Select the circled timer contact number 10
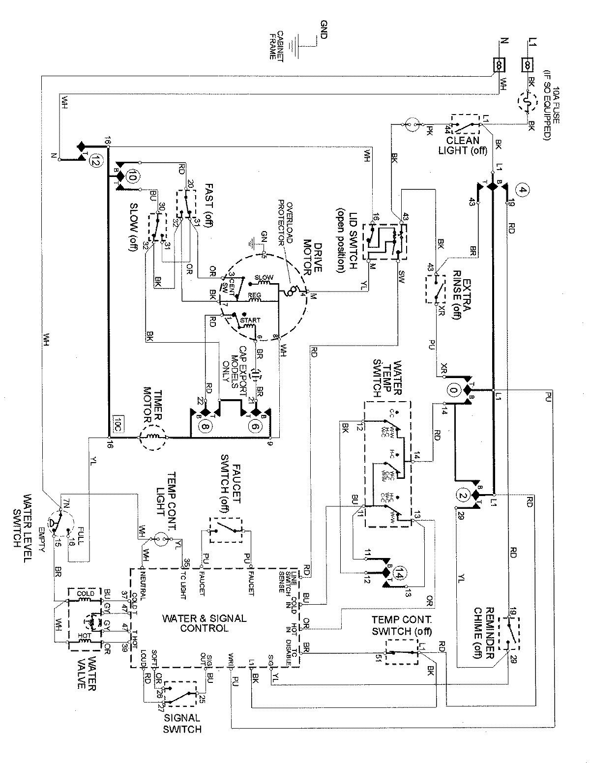[x=132, y=176]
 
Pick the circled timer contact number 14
[x=400, y=572]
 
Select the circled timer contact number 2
[x=462, y=495]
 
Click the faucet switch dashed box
[x=226, y=530]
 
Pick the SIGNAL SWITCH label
[x=182, y=724]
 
